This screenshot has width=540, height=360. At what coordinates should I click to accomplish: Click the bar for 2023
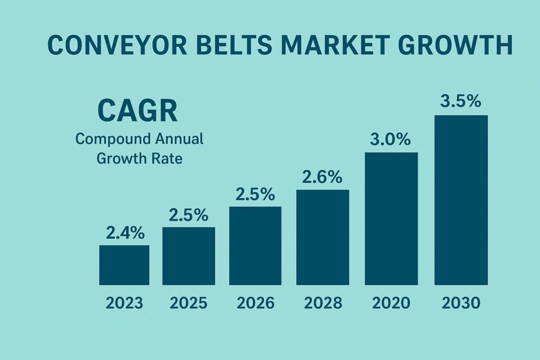click(x=124, y=265)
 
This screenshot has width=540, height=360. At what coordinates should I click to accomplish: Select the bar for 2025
click(x=189, y=256)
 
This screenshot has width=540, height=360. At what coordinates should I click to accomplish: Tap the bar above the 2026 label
click(x=255, y=246)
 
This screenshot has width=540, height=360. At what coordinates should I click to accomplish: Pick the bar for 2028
click(x=323, y=237)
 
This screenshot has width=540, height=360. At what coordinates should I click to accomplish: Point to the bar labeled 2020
click(x=391, y=219)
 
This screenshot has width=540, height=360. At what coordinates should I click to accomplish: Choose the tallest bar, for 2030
click(x=461, y=200)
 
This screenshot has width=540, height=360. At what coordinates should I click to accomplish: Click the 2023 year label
click(x=124, y=303)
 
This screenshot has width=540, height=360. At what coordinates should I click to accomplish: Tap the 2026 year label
click(x=255, y=303)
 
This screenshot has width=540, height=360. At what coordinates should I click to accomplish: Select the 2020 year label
click(x=391, y=303)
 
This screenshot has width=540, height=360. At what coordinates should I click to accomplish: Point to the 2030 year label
click(x=461, y=303)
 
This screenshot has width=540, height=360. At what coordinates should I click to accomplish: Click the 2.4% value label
click(x=125, y=232)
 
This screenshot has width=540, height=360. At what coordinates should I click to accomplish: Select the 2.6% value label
click(x=323, y=177)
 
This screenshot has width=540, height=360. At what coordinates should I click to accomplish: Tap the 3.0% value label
click(x=391, y=140)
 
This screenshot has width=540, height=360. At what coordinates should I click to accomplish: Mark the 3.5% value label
click(x=461, y=101)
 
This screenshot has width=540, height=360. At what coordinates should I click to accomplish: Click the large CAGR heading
click(x=138, y=112)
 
